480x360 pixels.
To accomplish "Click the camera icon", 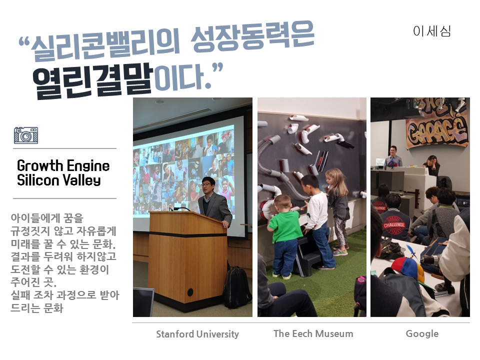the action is coord(26,135).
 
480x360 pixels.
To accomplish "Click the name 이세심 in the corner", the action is coord(432,31).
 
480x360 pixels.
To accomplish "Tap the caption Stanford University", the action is coord(197,334).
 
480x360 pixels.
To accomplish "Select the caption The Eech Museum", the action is coord(313,333).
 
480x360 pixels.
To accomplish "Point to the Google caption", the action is coord(422,333).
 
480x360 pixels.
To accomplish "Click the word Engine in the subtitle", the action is coord(88,165).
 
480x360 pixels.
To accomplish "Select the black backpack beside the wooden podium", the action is coord(236,287).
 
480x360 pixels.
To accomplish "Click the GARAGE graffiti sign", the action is coord(437,130).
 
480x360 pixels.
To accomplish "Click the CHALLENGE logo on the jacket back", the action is coord(394,225).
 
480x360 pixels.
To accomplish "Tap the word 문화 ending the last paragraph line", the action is coord(53,308).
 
